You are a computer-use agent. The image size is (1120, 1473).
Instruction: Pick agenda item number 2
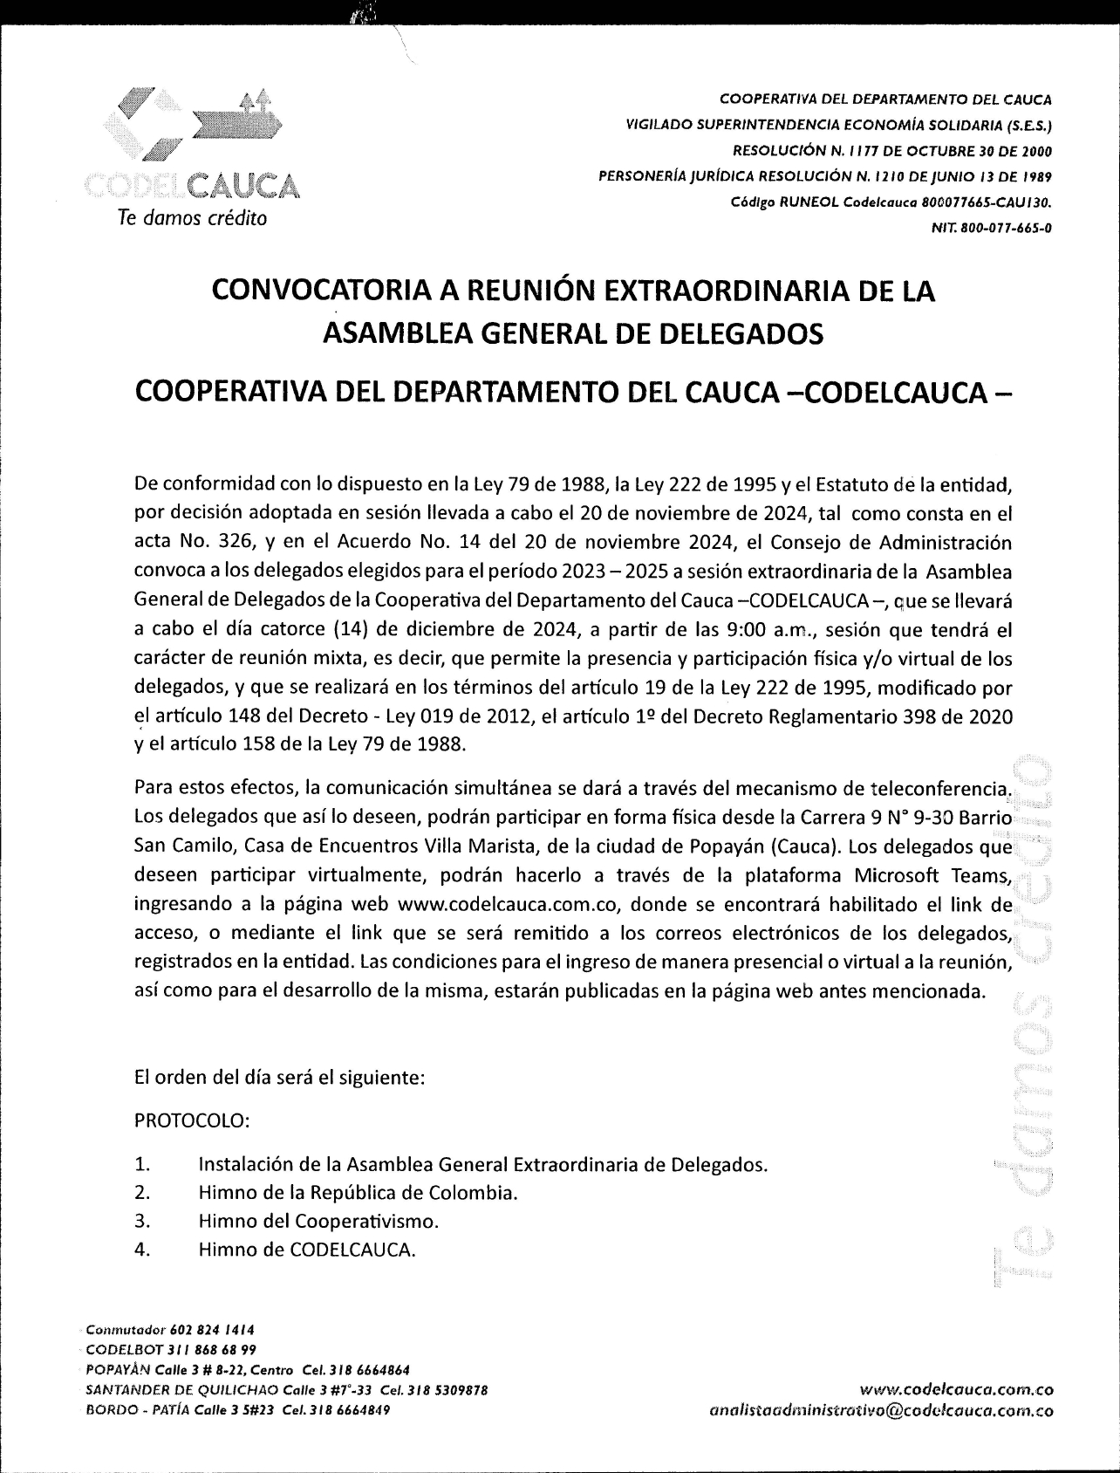pos(143,1192)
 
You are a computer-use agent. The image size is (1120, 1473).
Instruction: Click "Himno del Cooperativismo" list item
pos(318,1220)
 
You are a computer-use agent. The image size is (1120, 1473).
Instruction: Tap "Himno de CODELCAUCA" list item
pos(307,1249)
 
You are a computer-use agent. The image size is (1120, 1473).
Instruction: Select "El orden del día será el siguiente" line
pos(280,1078)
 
